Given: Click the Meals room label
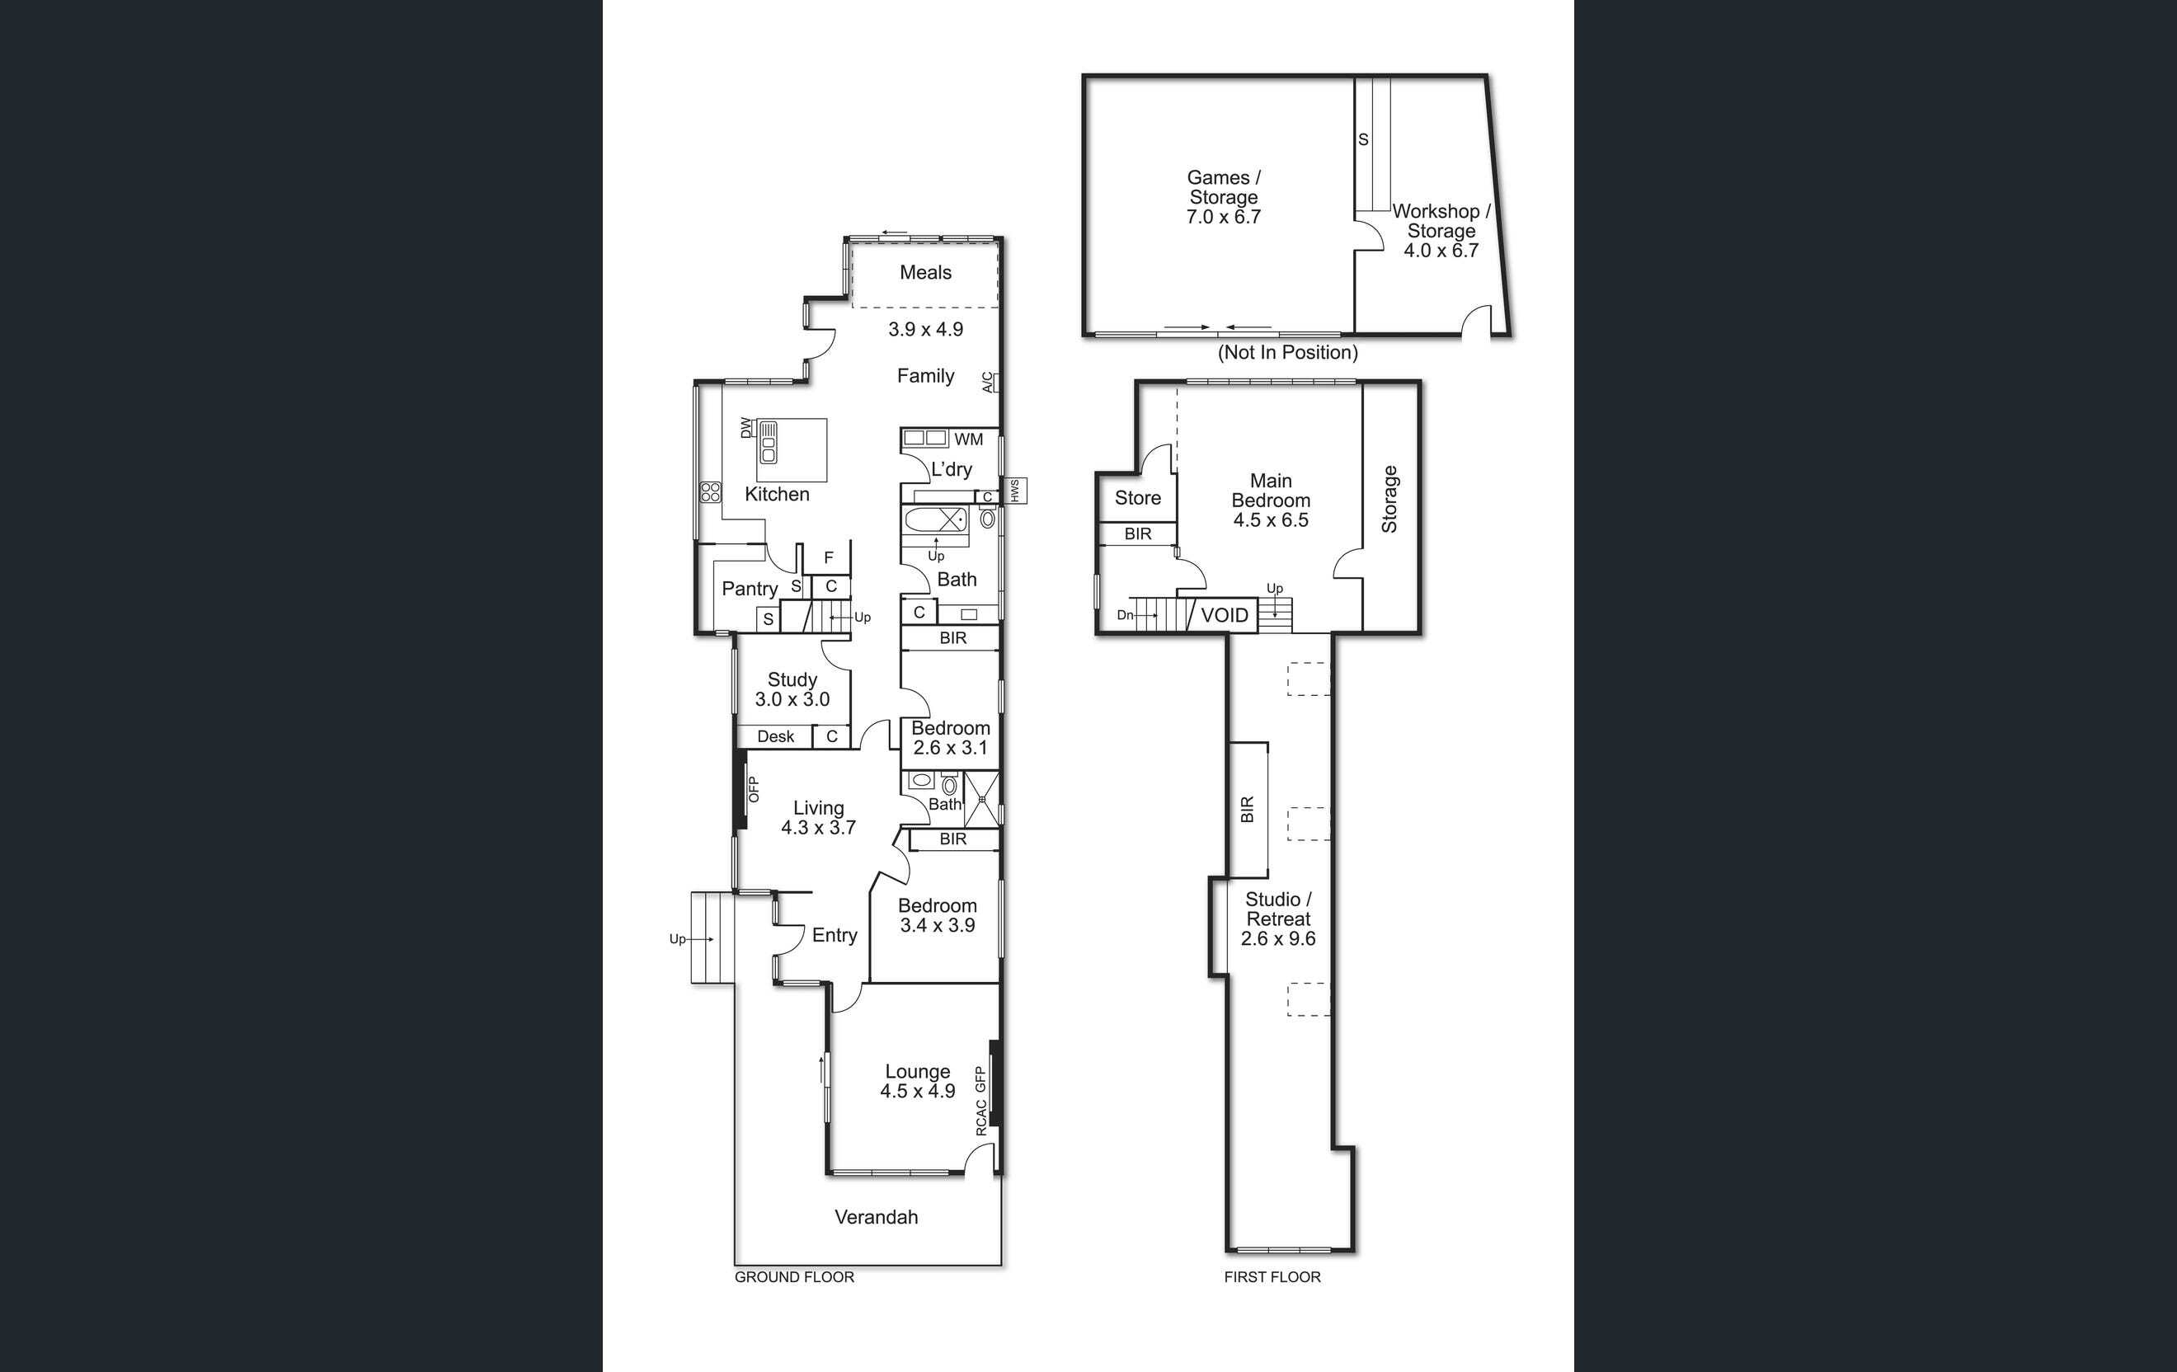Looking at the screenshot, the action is (925, 272).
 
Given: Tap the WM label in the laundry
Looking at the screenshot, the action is (968, 439).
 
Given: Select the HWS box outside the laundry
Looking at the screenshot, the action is (1015, 491).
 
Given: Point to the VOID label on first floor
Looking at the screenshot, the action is (1224, 615).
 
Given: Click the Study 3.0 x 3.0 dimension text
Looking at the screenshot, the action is (792, 698).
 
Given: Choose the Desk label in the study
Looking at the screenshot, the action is (776, 736).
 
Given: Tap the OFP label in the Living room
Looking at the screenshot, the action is (753, 789).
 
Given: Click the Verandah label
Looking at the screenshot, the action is (876, 1216).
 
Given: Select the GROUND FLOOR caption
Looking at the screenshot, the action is (794, 1277).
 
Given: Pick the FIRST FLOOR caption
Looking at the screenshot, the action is (1272, 1277).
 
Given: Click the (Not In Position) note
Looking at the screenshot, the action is (1287, 353).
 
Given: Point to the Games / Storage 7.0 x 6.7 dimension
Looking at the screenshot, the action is (1223, 217).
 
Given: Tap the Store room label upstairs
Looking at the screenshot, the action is (1137, 498).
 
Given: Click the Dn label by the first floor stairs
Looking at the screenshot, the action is (1125, 615).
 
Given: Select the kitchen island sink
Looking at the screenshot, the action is (769, 443).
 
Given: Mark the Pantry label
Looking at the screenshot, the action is (750, 590).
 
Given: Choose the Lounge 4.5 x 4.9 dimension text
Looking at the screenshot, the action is (918, 1091).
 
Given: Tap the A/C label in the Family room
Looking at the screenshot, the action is (988, 383).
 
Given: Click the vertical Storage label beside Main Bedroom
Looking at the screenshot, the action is (1389, 499).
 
